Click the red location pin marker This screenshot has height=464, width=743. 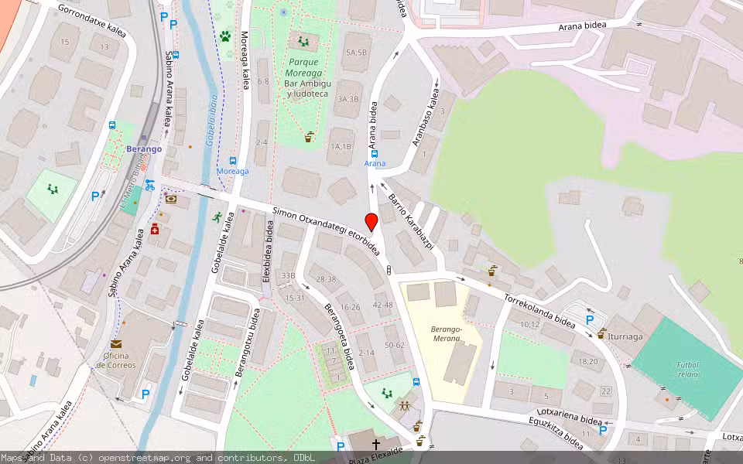pyautogui.click(x=371, y=222)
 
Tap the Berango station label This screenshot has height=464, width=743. pyautogui.click(x=145, y=148)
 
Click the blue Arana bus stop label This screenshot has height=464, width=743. pyautogui.click(x=375, y=163)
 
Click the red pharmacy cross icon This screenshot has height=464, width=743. pyautogui.click(x=155, y=229)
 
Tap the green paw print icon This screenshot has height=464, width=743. pyautogui.click(x=225, y=36)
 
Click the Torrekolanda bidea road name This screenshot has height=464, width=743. pyautogui.click(x=539, y=309)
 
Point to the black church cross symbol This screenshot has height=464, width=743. pyautogui.click(x=376, y=444)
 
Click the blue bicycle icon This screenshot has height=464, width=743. pyautogui.click(x=149, y=185)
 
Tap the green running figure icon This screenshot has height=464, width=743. pyautogui.click(x=218, y=217)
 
